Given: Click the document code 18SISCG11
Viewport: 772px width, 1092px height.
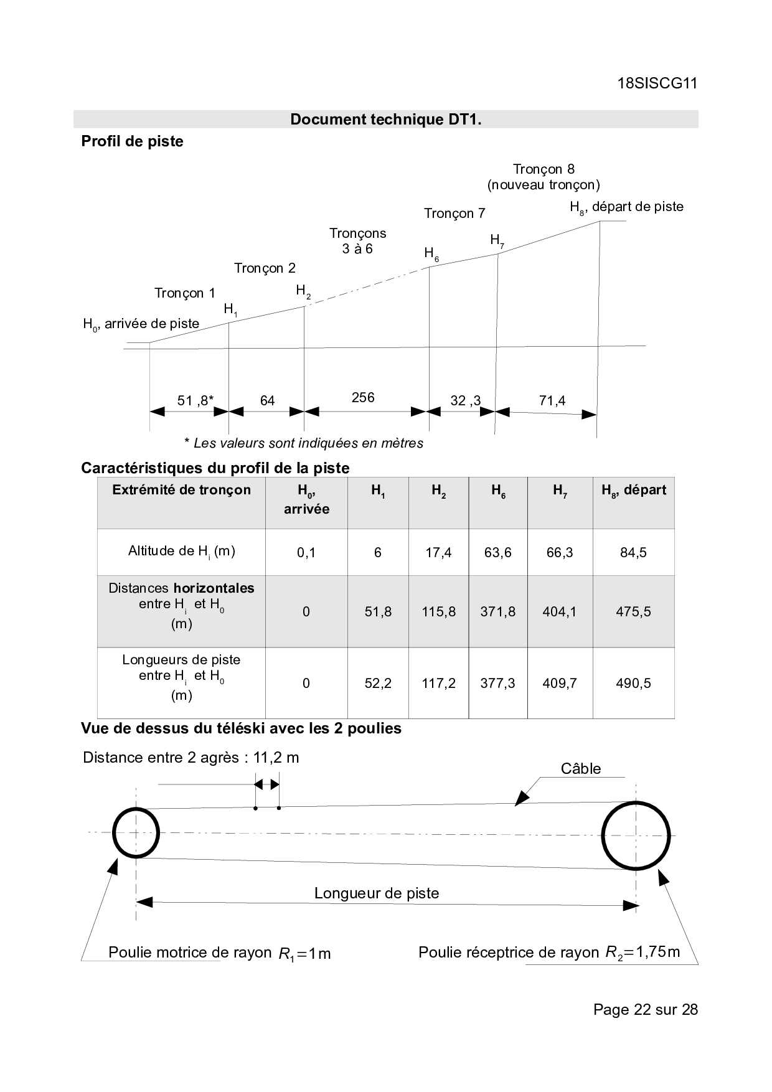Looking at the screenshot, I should click(x=657, y=83).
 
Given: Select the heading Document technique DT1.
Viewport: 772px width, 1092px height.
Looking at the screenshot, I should click(x=386, y=119).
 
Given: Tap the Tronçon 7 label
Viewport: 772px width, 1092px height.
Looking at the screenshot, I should click(x=454, y=214).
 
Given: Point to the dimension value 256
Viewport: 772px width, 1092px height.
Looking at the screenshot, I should click(x=363, y=397).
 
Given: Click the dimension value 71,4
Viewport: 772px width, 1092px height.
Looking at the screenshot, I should click(x=552, y=400).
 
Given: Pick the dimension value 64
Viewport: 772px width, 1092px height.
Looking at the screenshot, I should click(x=267, y=400).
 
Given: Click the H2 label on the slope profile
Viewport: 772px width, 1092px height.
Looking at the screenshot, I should click(x=303, y=291).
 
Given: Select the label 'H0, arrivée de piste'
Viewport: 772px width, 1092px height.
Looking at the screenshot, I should click(x=141, y=324).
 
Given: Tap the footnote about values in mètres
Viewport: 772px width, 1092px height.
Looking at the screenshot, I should click(x=304, y=443).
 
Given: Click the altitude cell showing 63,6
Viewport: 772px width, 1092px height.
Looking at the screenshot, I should click(x=498, y=552).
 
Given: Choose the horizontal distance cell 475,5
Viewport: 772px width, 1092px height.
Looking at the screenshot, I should click(x=633, y=611).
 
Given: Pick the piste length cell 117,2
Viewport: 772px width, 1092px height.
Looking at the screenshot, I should click(x=438, y=683).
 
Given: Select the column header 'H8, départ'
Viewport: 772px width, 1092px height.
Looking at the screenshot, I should click(x=633, y=491).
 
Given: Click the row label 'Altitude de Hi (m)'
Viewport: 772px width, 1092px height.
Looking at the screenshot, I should click(x=181, y=551).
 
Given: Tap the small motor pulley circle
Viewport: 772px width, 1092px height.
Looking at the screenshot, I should click(x=136, y=832).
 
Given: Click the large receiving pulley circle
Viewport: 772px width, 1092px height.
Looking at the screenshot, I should click(x=636, y=835).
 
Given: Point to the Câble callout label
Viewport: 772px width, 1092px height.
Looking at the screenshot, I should click(x=581, y=769).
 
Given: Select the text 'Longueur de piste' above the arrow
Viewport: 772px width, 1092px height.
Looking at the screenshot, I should click(x=377, y=893).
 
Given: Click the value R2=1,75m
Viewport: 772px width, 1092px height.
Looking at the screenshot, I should click(x=643, y=952).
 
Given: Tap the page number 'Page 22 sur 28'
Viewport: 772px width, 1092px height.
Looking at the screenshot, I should click(x=646, y=1009).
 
